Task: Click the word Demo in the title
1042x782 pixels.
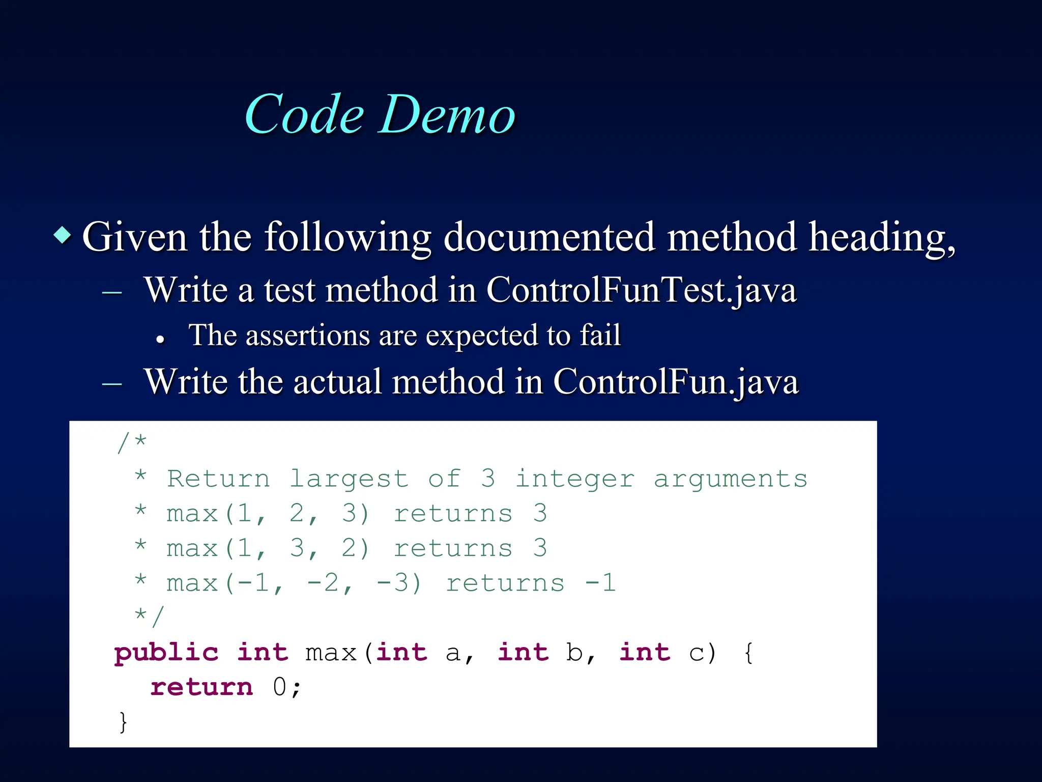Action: (x=448, y=115)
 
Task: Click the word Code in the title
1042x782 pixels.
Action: (x=304, y=115)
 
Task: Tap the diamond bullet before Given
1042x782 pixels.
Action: (x=62, y=235)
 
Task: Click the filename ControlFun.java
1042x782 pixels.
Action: (x=676, y=382)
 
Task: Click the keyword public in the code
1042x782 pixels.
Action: (x=166, y=653)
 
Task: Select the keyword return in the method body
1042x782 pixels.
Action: (x=201, y=687)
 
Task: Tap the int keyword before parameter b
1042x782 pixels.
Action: (x=523, y=653)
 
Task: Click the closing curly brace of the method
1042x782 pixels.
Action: (x=123, y=722)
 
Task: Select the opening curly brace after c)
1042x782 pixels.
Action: (x=748, y=653)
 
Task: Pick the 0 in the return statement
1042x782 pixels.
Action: (x=280, y=687)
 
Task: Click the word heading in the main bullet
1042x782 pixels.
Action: (x=881, y=237)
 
